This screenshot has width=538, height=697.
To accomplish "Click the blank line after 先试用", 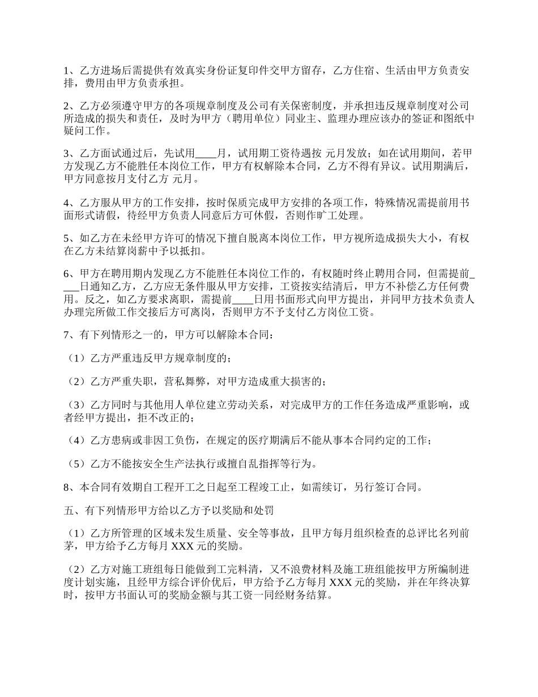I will click(206, 154).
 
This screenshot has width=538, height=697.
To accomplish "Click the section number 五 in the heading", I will click(69, 511).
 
